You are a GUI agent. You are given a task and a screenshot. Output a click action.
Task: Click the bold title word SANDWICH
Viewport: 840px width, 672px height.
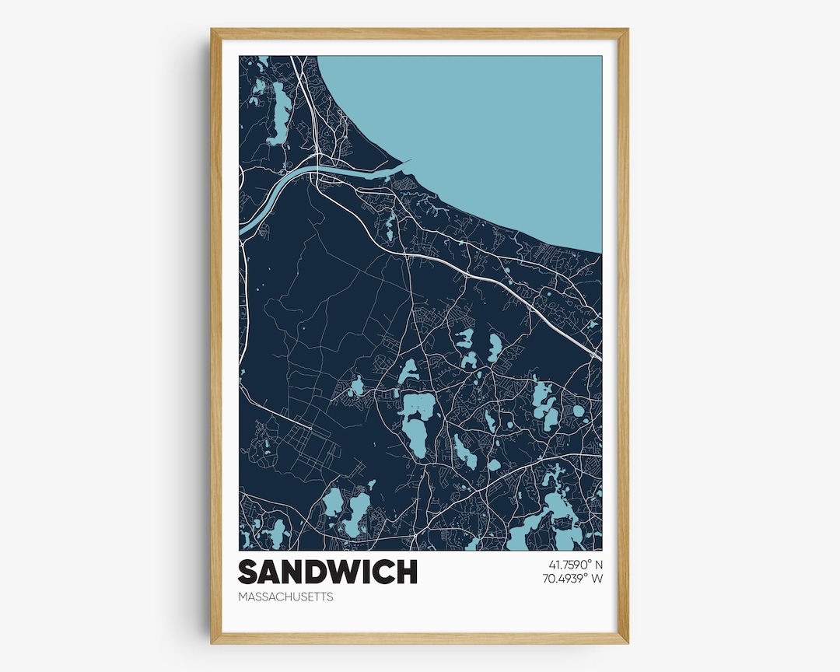pos(327,572)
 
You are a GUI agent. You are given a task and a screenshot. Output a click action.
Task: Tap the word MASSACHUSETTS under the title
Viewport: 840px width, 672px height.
pos(285,597)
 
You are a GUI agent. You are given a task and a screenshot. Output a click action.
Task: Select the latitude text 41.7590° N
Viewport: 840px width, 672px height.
pos(569,564)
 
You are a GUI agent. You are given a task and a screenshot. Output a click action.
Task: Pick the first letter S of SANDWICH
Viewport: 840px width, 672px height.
pos(247,572)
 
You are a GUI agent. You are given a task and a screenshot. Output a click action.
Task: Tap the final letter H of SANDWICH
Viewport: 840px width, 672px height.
pos(407,572)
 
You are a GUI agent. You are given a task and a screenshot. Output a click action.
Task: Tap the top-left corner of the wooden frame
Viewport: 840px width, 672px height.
pos(212,30)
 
